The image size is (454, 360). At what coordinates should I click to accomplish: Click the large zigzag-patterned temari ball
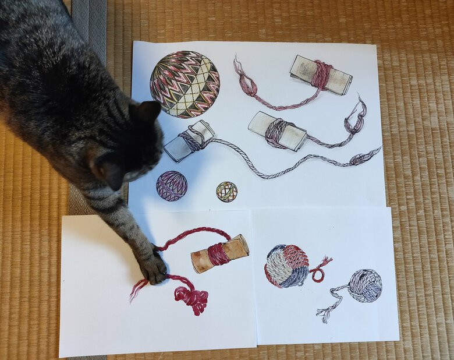(x=185, y=84)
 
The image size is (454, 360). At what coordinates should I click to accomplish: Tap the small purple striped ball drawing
(x=172, y=186)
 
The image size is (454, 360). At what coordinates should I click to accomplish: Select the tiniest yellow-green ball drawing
(x=226, y=191)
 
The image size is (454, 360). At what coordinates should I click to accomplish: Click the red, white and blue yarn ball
(x=286, y=266)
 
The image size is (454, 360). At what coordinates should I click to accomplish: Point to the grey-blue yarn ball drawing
(x=365, y=285)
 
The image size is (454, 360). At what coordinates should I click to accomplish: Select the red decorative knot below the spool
(x=191, y=298)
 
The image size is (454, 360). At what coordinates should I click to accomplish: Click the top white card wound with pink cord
(x=321, y=75)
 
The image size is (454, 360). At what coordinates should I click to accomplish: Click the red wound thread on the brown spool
(x=218, y=255)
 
